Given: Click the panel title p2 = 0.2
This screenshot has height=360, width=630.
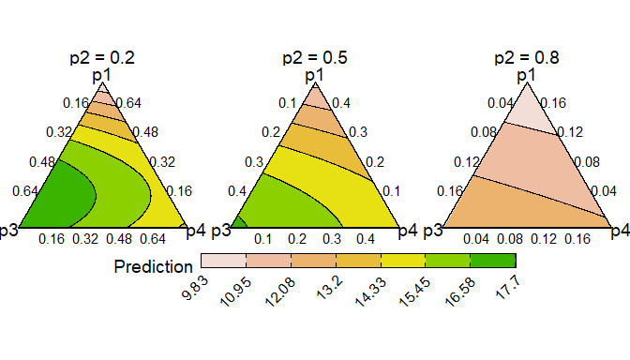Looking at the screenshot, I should coord(102,58).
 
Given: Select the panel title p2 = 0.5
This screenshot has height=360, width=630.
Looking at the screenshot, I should coord(315,58).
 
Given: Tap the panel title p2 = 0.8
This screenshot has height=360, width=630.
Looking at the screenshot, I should coord(527,58).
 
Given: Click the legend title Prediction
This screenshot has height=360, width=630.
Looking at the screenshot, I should coord(154,267).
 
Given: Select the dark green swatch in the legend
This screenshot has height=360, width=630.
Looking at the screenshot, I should coord(493,262).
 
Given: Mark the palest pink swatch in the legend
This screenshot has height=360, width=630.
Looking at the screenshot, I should coord(223,262).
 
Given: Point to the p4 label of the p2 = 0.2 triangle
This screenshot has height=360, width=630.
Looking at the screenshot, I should coord(197,230).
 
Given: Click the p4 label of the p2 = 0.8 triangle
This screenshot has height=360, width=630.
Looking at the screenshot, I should coord(621,230).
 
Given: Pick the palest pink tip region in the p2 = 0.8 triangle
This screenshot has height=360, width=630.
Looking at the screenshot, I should coord(527,108).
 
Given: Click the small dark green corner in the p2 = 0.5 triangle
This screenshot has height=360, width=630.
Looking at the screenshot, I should coord(239,223).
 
